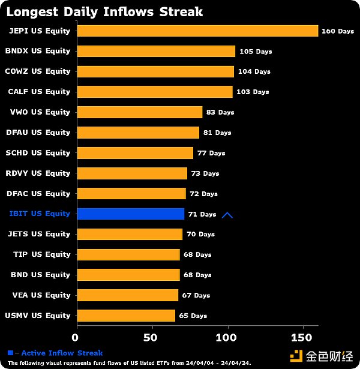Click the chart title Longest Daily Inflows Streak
pos(104,11)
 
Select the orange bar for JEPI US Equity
pos(198,31)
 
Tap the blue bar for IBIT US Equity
pos(131,214)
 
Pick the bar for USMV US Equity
pos(127,316)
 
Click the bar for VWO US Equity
pos(140,112)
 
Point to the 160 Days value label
pos(338,31)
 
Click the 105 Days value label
pos(256,52)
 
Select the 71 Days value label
pos(202,214)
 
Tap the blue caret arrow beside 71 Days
pos(227,214)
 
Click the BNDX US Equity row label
pos(38,51)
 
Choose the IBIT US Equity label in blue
pos(40,214)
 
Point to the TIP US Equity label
pos(42,254)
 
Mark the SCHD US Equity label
pos(38,153)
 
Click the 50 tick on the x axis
pos(151,338)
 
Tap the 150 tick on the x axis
pos(302,338)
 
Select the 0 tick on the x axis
pos(75,338)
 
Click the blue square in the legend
pos(10,353)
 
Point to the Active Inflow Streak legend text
pos(62,353)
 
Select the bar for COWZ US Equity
pos(155,71)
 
